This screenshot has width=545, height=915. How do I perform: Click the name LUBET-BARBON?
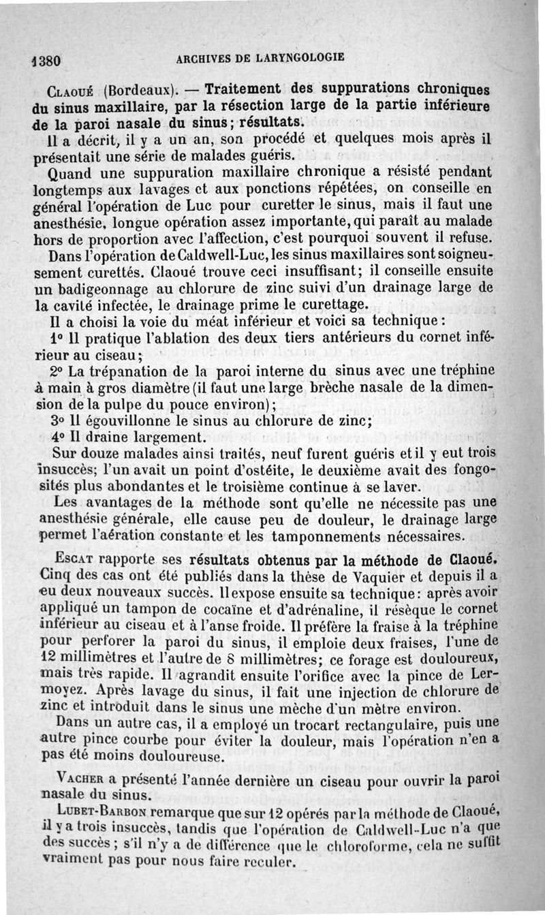[102, 812]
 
